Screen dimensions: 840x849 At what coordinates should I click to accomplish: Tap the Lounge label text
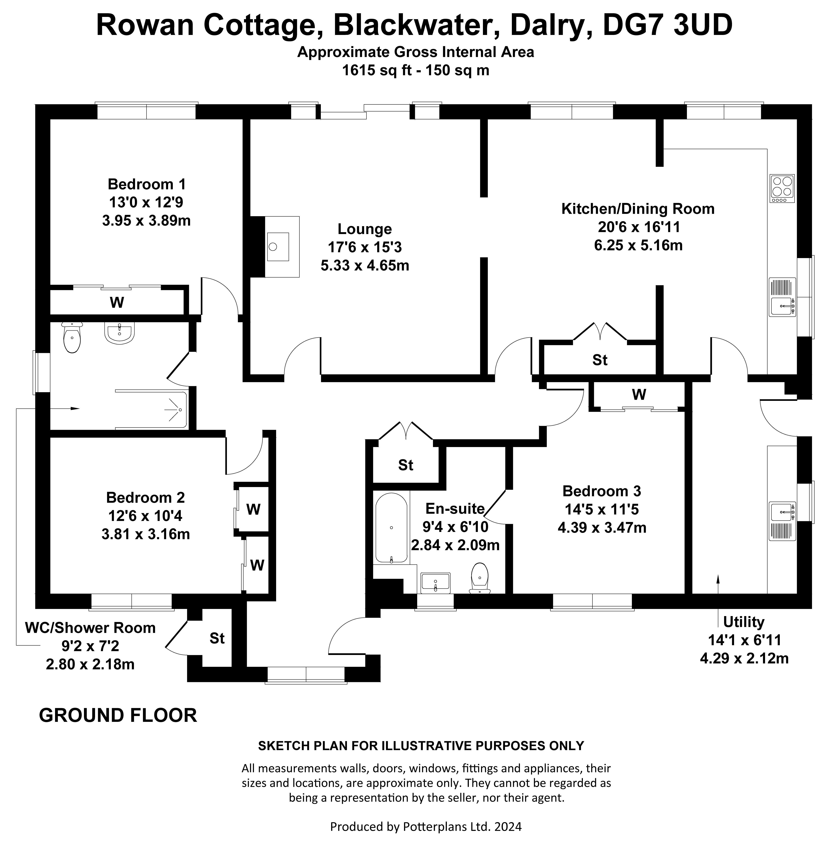(x=364, y=229)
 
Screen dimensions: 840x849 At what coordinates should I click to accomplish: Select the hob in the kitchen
(x=782, y=189)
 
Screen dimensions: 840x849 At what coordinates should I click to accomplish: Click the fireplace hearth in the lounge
(x=282, y=246)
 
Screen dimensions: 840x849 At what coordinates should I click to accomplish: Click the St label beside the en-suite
(x=406, y=465)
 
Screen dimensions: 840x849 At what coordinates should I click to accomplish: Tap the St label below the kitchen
(x=600, y=360)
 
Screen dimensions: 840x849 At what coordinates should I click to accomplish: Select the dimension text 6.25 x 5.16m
(x=638, y=245)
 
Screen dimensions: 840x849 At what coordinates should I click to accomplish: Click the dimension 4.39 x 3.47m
(x=602, y=527)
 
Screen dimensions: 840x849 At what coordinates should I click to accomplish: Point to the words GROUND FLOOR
(x=118, y=715)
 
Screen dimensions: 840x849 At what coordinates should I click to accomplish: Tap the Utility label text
(x=744, y=622)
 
